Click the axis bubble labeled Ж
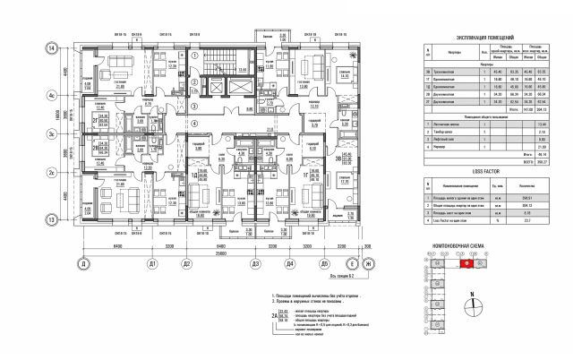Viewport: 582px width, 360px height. (366, 265)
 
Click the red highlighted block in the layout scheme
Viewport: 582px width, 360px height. (466, 264)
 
